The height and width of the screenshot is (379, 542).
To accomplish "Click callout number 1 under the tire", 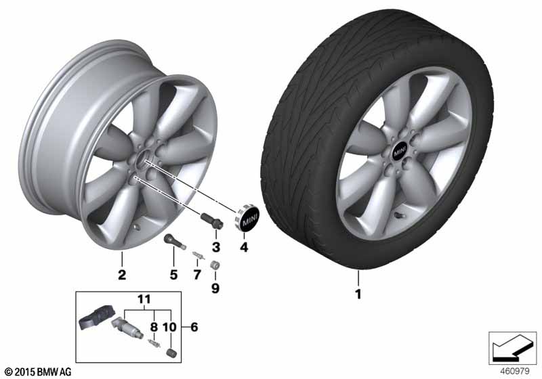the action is (x=358, y=294).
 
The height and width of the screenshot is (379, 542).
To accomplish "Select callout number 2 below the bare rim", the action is (x=122, y=275).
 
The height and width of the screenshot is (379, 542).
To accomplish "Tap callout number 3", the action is (x=215, y=247).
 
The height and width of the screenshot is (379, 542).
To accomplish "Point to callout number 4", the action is (x=244, y=247).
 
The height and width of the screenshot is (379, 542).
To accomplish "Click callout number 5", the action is (x=173, y=275).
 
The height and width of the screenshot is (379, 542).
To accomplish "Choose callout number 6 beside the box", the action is (x=194, y=326).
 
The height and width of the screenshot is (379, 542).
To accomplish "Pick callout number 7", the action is (x=197, y=275).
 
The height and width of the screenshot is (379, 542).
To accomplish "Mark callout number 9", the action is (x=215, y=288).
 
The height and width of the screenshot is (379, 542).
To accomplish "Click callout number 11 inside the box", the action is (x=144, y=299).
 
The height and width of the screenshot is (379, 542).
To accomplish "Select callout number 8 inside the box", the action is (x=154, y=326).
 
